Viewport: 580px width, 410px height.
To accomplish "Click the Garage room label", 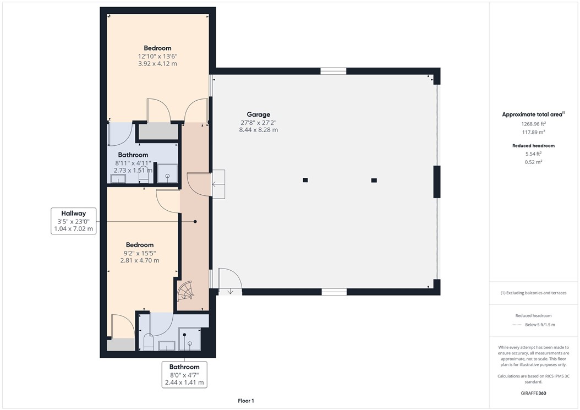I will (x=259, y=115).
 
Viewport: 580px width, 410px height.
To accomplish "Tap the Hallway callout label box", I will (x=73, y=221).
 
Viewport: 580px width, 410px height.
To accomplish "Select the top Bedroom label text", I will (x=157, y=48).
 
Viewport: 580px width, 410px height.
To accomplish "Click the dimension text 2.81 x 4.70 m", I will (x=140, y=260).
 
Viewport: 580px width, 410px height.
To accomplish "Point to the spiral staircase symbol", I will (x=185, y=291).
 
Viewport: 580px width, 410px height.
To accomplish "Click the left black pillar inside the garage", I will (x=305, y=180).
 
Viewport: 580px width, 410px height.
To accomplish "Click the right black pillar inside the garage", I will (x=374, y=180).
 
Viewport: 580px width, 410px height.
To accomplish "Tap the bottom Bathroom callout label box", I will (x=184, y=374).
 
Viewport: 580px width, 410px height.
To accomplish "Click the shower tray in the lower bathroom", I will (x=190, y=339).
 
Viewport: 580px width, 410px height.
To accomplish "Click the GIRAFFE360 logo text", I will (x=533, y=393).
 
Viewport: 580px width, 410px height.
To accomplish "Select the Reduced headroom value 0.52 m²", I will (x=533, y=162).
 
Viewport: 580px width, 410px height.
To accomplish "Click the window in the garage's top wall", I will (x=333, y=71).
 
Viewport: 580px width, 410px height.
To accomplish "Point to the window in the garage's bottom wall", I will (x=334, y=292).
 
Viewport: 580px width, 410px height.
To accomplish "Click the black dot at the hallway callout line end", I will (x=195, y=221).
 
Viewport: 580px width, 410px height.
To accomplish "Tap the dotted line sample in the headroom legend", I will (x=516, y=325).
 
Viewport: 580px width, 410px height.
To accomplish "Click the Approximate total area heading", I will (x=533, y=114).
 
